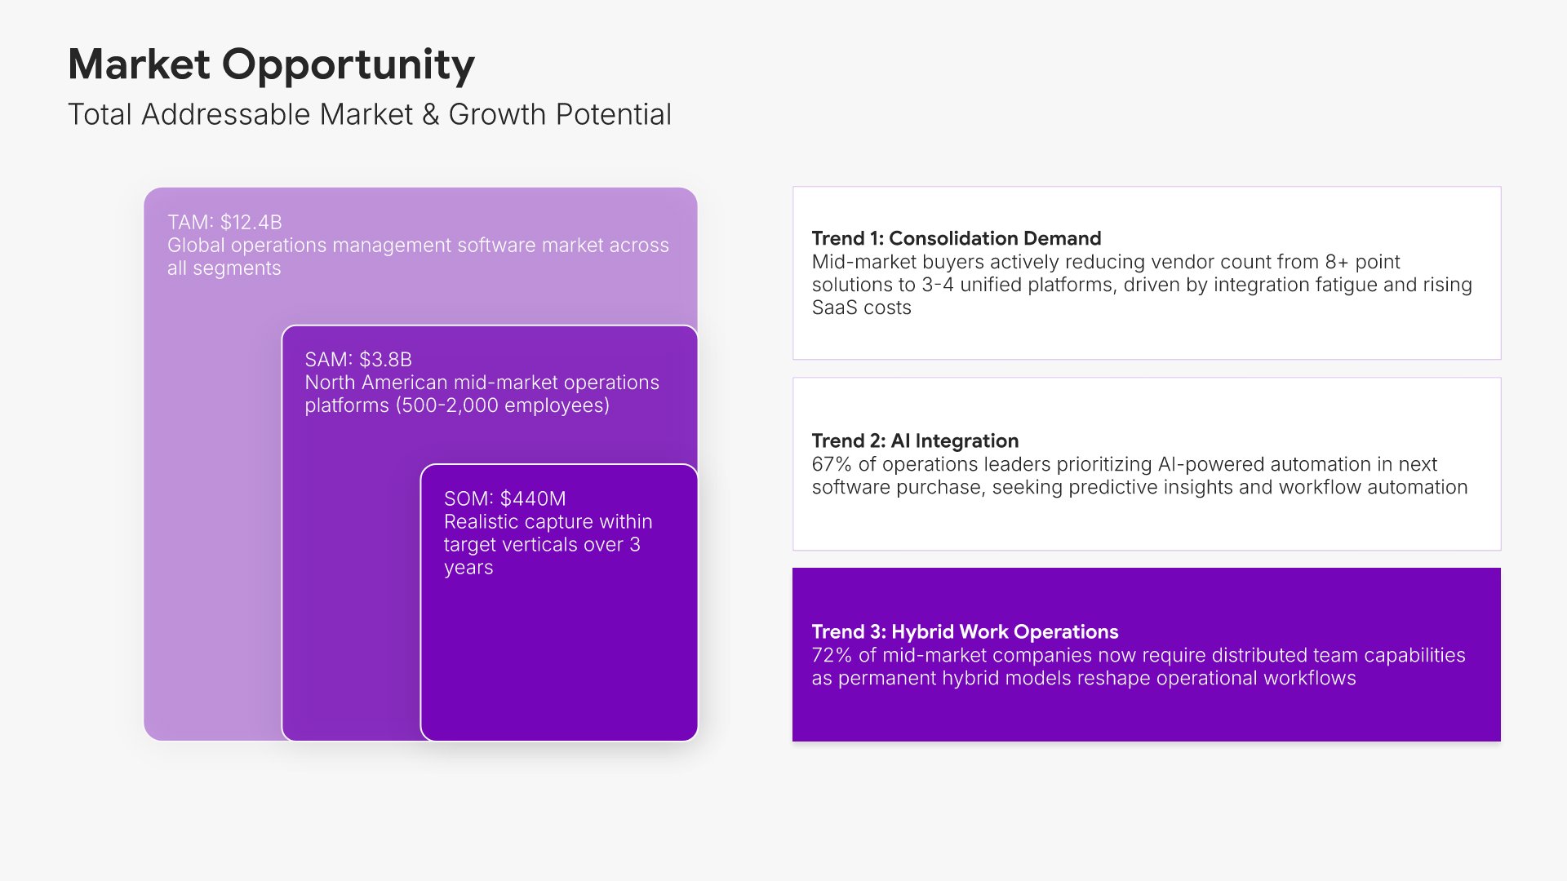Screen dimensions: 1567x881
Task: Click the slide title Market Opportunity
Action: click(271, 64)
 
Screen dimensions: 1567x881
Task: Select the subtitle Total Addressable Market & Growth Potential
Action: click(370, 114)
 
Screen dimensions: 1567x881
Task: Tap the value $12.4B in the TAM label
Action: click(251, 222)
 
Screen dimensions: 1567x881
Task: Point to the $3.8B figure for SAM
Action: click(385, 360)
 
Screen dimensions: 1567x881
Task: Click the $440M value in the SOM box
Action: click(533, 498)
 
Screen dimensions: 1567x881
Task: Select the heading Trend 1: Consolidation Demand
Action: click(957, 238)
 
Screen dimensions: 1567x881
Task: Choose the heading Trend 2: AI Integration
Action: click(915, 440)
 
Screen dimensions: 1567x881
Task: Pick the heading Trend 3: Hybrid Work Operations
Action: click(965, 631)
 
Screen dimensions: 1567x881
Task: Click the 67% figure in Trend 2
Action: click(832, 464)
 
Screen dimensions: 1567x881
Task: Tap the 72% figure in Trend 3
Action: click(832, 655)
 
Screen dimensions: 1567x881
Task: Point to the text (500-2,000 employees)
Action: click(503, 405)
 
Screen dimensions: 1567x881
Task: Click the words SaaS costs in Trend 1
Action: click(861, 308)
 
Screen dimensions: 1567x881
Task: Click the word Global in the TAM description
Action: click(196, 245)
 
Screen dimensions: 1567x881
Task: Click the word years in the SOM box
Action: click(468, 568)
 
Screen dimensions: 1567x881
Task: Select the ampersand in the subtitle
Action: click(431, 115)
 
